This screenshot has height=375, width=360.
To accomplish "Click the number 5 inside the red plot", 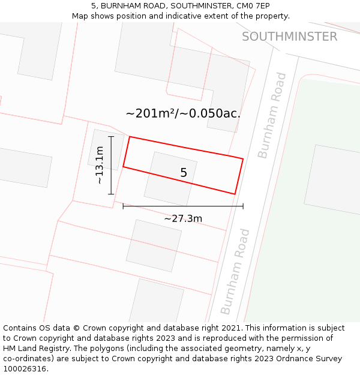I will pos(184,173).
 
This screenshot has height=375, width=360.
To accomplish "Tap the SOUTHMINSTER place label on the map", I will pos(289,37).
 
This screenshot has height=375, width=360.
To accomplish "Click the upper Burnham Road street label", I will pos(272,115).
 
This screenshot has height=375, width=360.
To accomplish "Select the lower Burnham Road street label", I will pos(235,271).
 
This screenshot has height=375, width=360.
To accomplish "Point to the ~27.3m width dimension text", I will pos(183,218).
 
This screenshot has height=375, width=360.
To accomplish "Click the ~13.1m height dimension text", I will pos(100,165).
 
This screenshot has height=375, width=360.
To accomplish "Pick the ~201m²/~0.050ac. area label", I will pos(183,113).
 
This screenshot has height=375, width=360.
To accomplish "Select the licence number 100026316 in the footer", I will pos(26,369).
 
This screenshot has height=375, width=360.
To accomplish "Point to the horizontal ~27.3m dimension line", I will pos(183,206).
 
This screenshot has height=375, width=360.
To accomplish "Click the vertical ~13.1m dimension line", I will pos(111,165).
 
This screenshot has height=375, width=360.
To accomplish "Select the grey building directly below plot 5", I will pos(154,245).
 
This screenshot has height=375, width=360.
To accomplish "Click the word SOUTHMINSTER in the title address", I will pos(197,6).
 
